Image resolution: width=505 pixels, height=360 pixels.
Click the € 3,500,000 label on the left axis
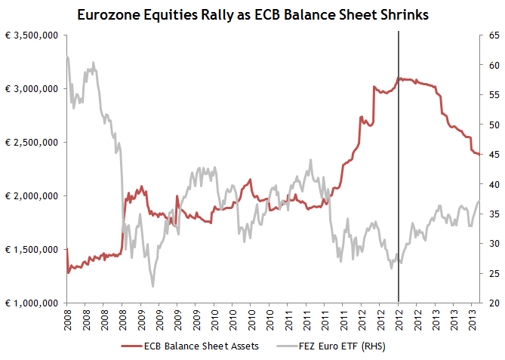pyautogui.click(x=32, y=35)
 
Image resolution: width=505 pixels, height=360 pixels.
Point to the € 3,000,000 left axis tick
pyautogui.click(x=32, y=89)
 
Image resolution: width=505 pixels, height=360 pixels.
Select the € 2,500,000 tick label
pyautogui.click(x=32, y=143)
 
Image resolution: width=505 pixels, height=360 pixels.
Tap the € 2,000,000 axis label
pyautogui.click(x=32, y=196)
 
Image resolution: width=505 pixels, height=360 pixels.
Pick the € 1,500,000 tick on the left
pyautogui.click(x=32, y=250)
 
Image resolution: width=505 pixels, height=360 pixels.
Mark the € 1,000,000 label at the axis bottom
pyautogui.click(x=32, y=303)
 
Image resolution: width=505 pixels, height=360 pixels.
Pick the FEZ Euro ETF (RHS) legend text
pyautogui.click(x=343, y=347)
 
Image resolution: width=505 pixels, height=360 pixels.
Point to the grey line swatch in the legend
pyautogui.click(x=288, y=347)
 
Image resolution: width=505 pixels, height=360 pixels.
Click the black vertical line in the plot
pyautogui.click(x=399, y=189)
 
